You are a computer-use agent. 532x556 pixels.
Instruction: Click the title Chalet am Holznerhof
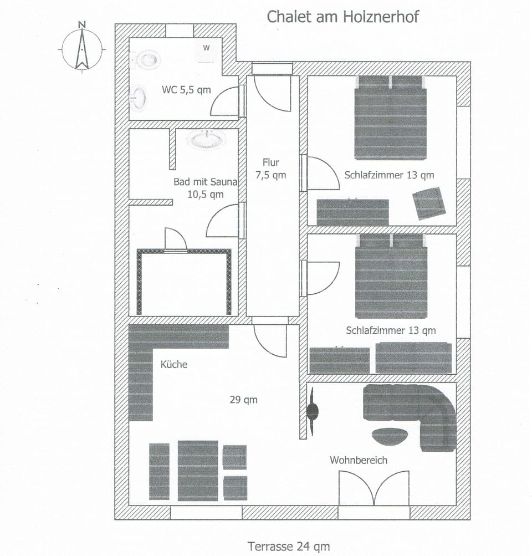point(342,16)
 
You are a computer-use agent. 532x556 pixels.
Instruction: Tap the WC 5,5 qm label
point(186,90)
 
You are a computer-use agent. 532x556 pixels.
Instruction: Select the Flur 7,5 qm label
point(271,169)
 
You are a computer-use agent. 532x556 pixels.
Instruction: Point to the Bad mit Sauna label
point(205,187)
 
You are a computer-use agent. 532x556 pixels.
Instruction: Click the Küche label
point(174,364)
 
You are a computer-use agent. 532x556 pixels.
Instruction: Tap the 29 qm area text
point(244,400)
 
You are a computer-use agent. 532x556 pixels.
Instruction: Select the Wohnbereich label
point(359,460)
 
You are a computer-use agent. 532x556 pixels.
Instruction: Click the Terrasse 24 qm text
point(289,546)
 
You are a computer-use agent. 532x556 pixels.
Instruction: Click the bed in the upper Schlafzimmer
point(391,118)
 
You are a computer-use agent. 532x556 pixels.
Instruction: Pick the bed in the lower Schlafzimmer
point(391,276)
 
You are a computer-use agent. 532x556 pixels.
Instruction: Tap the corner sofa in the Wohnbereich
point(421,410)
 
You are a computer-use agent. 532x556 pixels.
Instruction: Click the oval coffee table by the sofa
point(390,437)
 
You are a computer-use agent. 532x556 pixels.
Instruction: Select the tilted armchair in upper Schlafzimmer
point(429,203)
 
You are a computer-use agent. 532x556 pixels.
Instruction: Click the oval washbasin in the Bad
point(206,139)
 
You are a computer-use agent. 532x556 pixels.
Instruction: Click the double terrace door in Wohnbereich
point(374,488)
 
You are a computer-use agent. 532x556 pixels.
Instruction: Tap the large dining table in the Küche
point(198,470)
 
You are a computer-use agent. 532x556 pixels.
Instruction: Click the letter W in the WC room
point(206,48)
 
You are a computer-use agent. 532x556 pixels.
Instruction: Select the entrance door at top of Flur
point(272,91)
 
